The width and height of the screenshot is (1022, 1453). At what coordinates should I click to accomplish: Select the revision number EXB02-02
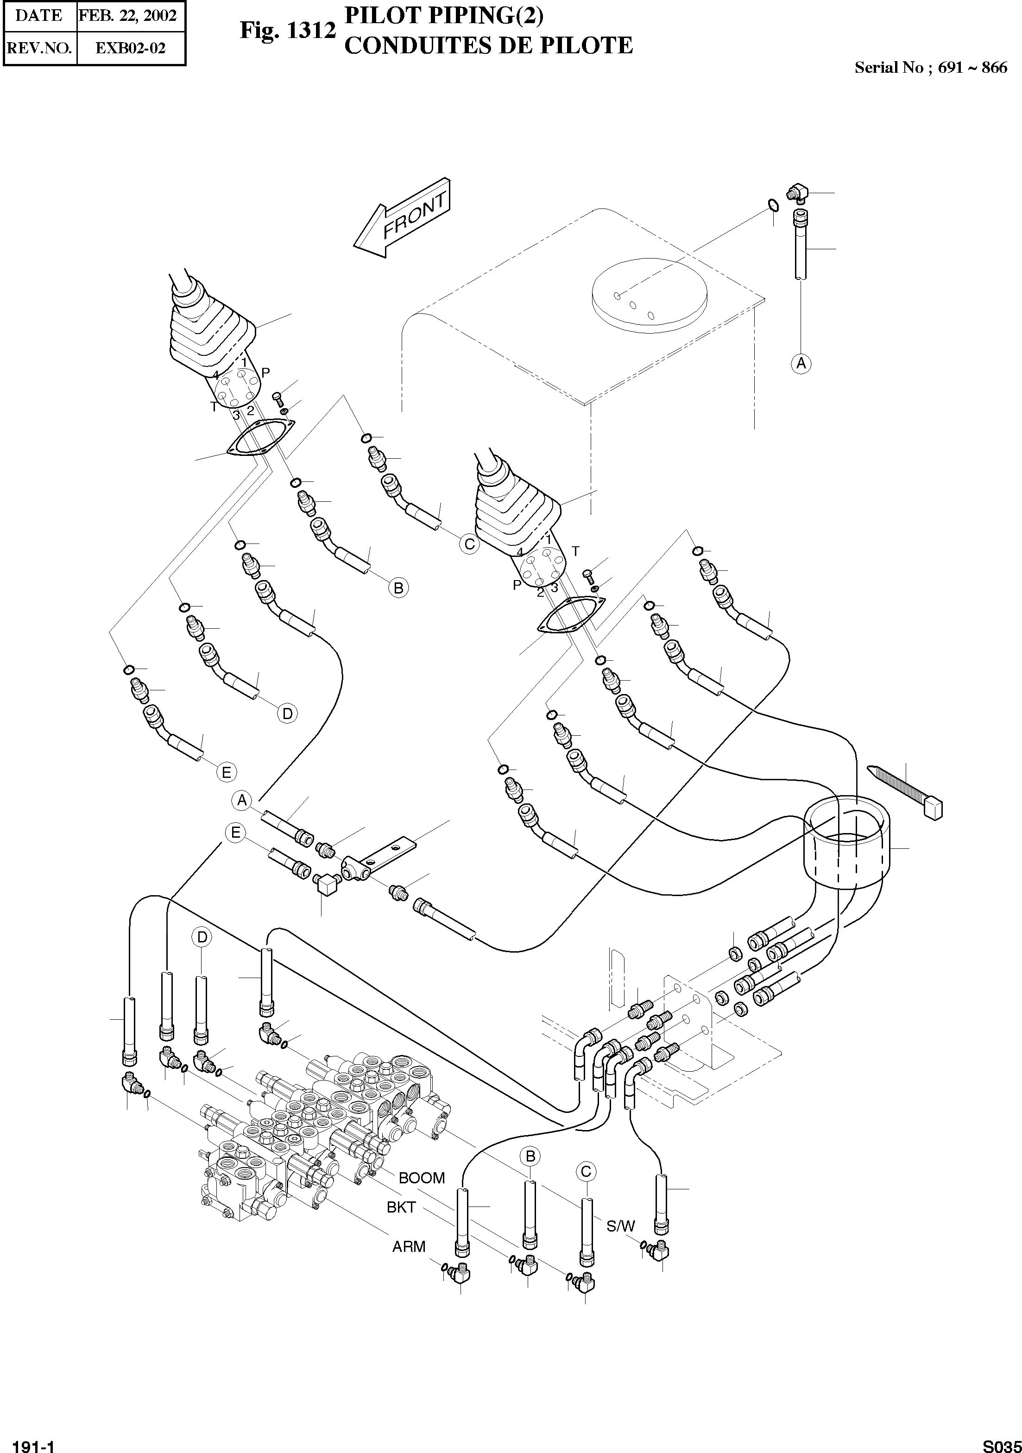coord(130,48)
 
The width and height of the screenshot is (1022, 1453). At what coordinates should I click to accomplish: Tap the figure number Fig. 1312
coord(287,31)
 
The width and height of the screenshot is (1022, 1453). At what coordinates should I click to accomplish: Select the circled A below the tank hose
coord(801,363)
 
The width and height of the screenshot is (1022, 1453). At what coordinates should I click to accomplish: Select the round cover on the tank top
coord(648,297)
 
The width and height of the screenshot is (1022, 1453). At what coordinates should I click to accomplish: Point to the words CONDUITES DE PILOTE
coord(488,45)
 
